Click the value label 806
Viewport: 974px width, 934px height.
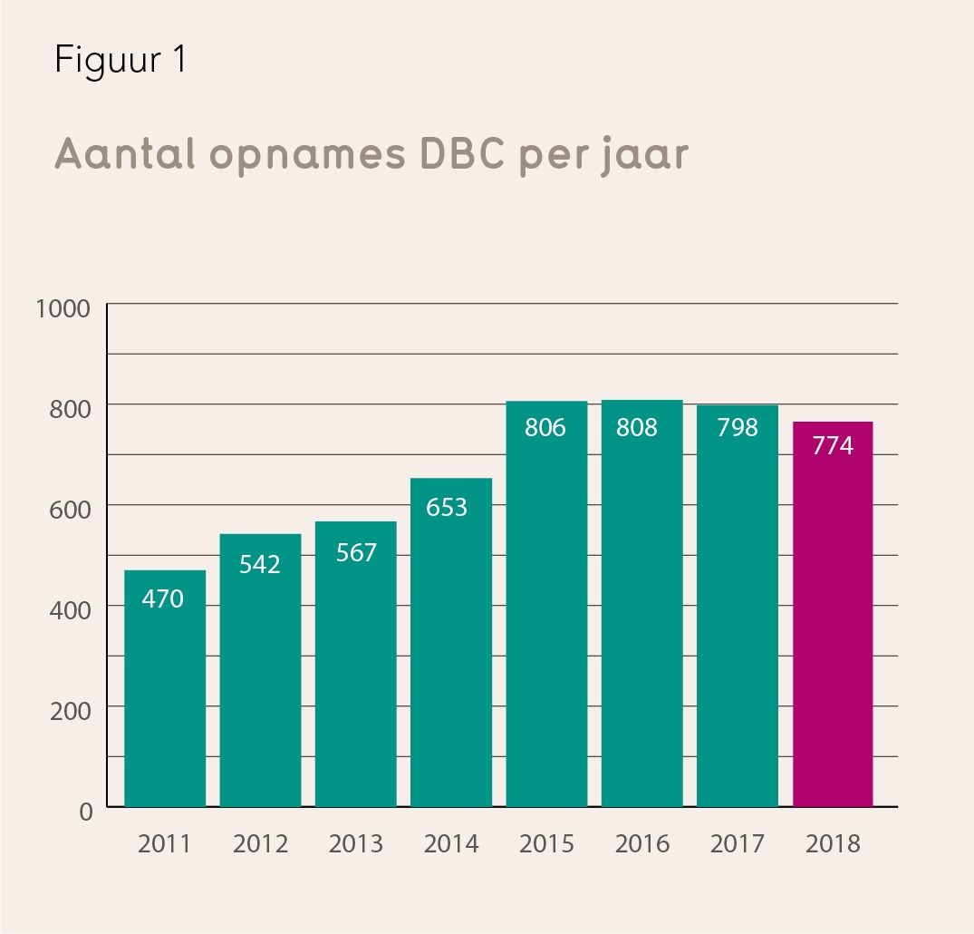coord(545,427)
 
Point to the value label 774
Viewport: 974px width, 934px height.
coord(833,446)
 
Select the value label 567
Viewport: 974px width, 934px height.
coord(355,552)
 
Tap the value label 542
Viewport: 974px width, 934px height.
coord(260,564)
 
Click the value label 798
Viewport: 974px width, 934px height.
coord(737,427)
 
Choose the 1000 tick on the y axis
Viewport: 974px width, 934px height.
coord(63,308)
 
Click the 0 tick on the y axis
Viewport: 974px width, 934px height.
coord(86,812)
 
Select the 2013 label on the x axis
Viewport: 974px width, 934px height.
coord(355,844)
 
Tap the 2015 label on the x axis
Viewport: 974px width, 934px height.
coord(546,844)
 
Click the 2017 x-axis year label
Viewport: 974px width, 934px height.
coord(737,844)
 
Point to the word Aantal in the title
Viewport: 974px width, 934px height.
coord(125,154)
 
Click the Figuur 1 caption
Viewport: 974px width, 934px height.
coord(121,62)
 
